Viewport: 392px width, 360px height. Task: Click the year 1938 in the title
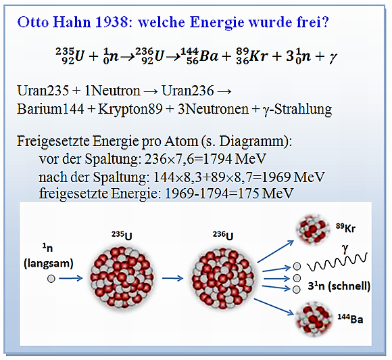pyautogui.click(x=112, y=22)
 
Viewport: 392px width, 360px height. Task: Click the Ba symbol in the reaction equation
pyautogui.click(x=209, y=56)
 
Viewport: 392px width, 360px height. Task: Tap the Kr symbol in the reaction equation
pyautogui.click(x=259, y=56)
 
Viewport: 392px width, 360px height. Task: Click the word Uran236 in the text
pyautogui.click(x=188, y=91)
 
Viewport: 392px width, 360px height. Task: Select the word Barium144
pyautogui.click(x=50, y=109)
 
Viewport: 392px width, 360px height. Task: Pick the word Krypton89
pyautogui.click(x=130, y=110)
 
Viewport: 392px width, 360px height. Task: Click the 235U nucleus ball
pyautogui.click(x=122, y=278)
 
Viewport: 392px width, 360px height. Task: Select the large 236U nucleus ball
pyautogui.click(x=224, y=278)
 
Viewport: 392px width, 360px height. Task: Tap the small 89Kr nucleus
pyautogui.click(x=312, y=228)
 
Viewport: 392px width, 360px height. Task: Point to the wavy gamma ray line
pyautogui.click(x=337, y=263)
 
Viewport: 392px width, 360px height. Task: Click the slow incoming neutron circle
pyautogui.click(x=51, y=278)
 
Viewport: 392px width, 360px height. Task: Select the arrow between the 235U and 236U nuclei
pyautogui.click(x=173, y=278)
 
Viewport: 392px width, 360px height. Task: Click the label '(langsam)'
pyautogui.click(x=49, y=263)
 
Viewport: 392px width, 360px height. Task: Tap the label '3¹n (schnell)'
pyautogui.click(x=339, y=286)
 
